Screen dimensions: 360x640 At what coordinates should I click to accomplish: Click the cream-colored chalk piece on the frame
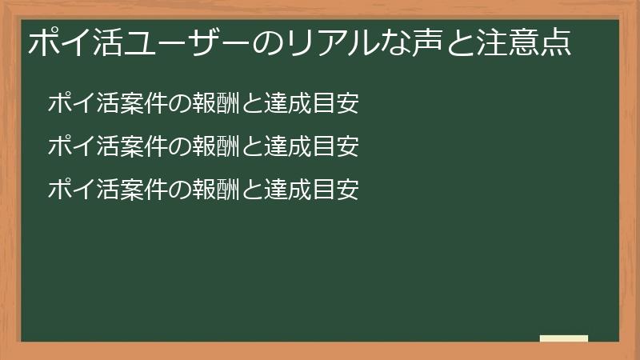point(564,338)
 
